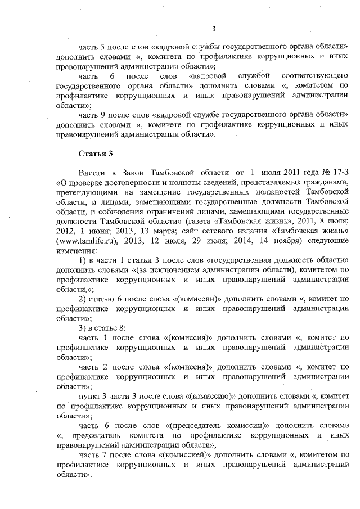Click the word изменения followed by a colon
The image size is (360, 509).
[76, 233]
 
